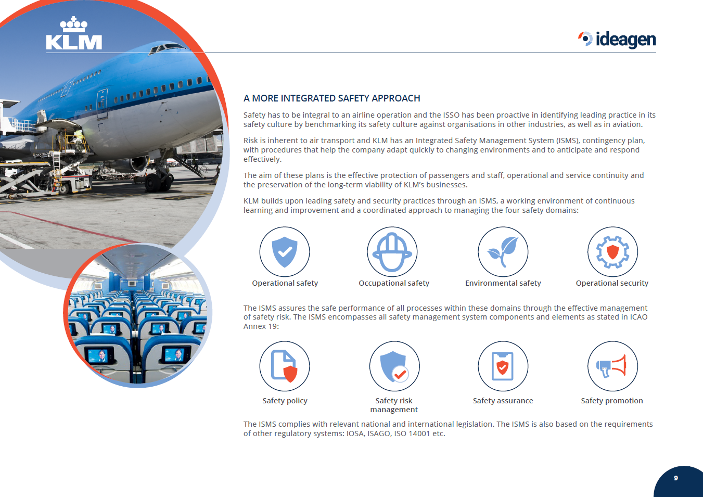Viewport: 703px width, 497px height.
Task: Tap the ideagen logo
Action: click(617, 40)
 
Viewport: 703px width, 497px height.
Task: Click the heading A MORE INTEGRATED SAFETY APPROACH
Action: click(332, 98)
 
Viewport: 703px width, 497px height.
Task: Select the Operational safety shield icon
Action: click(285, 252)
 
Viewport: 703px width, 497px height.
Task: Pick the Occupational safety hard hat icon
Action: click(392, 252)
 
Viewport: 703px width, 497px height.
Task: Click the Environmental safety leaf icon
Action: click(503, 252)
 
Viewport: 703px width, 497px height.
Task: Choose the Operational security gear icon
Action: click(612, 252)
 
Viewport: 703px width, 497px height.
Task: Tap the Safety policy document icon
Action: click(285, 366)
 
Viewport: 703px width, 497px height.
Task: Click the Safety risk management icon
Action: click(394, 366)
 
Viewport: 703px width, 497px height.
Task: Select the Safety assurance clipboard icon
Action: click(503, 366)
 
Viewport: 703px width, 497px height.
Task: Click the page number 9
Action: click(676, 478)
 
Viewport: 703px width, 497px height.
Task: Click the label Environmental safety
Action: click(503, 283)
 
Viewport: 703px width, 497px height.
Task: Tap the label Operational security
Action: click(612, 283)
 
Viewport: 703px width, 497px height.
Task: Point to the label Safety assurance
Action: click(503, 401)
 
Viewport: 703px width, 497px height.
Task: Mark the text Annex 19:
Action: click(261, 326)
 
